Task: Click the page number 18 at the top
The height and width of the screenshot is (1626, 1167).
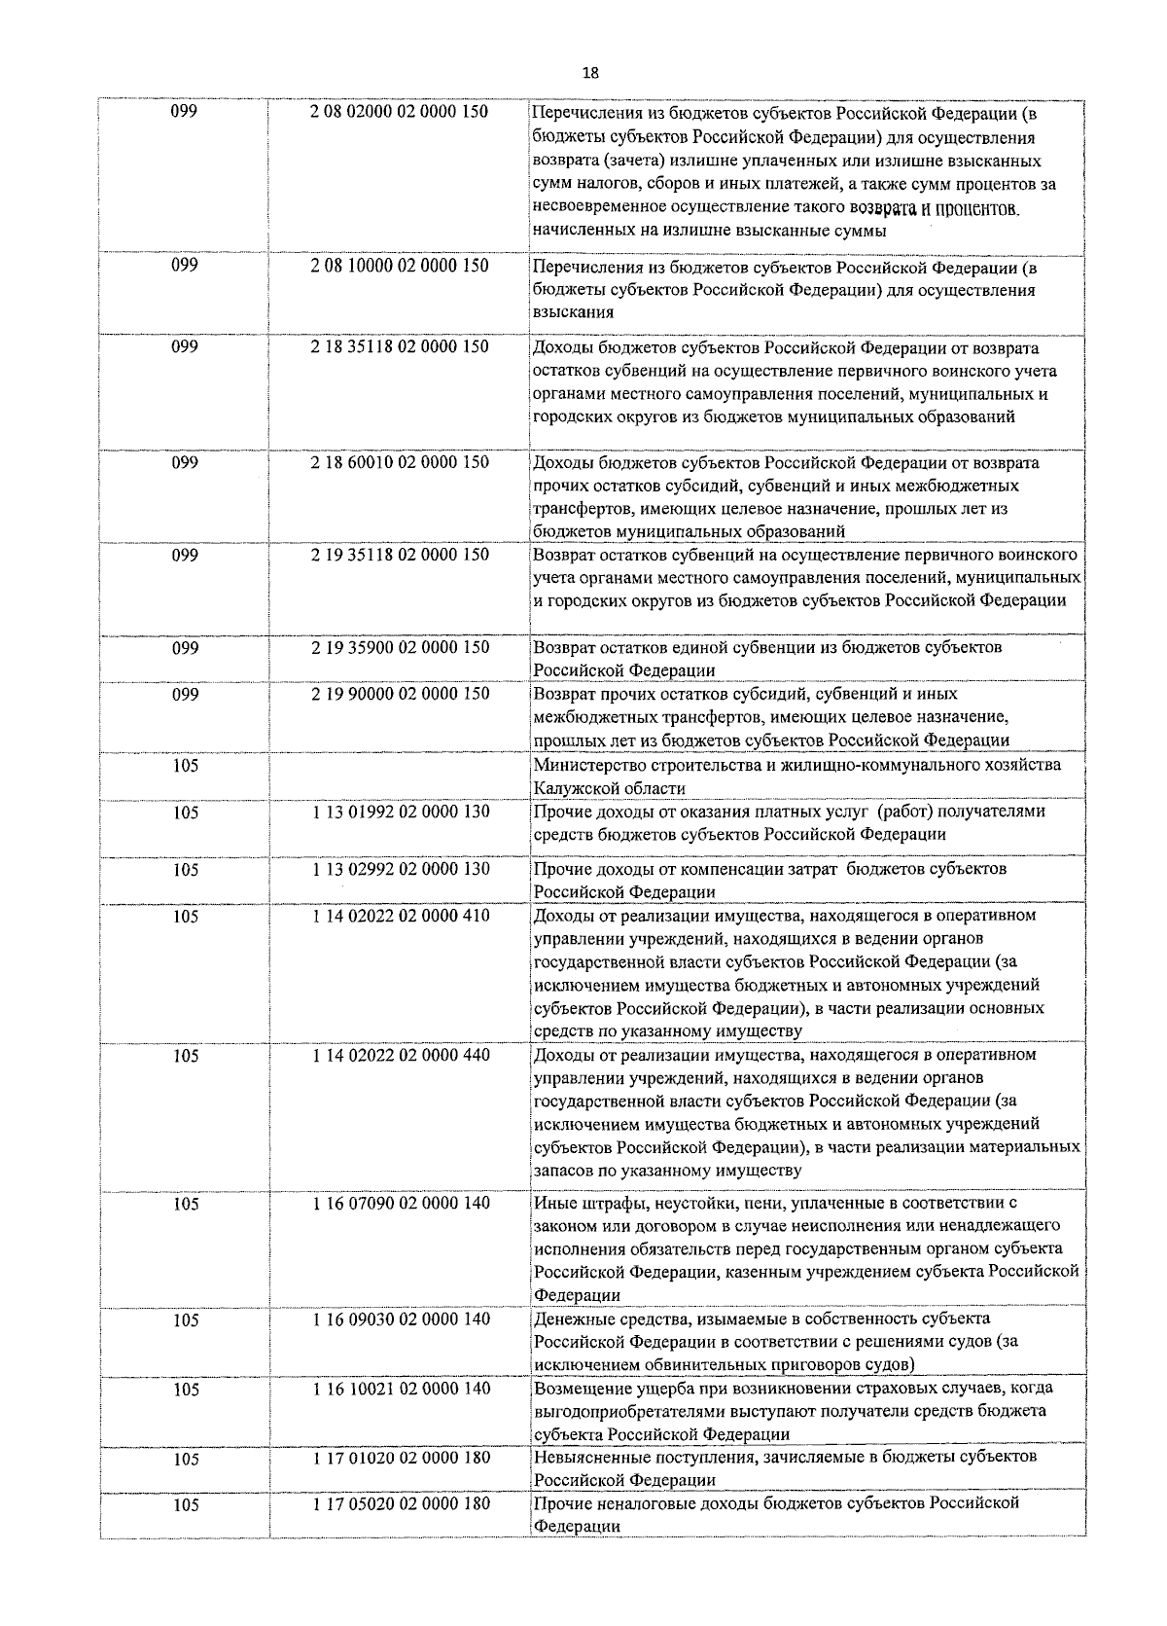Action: pos(590,73)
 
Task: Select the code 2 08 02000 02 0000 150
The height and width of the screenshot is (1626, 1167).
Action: pos(400,112)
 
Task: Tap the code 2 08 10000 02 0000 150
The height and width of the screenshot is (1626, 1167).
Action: pos(400,266)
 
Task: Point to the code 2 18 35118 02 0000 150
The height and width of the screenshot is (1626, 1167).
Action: pos(400,346)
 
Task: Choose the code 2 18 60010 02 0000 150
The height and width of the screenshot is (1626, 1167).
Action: pos(400,462)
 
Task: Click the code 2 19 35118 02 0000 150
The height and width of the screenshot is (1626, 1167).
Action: pos(400,555)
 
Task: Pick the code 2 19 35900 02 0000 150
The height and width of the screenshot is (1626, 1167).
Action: pos(400,647)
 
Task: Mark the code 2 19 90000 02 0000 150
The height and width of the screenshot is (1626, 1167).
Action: pos(400,694)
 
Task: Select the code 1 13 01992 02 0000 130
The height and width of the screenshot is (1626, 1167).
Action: pos(401,812)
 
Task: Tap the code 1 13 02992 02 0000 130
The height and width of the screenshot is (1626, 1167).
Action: pos(401,869)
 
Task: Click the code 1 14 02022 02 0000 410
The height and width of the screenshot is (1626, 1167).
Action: pos(401,916)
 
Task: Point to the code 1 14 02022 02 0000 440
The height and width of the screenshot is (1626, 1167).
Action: pos(401,1055)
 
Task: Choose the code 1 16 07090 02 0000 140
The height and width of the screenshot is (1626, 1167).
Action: pos(401,1203)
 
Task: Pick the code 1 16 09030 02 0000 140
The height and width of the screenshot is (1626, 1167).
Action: pos(401,1319)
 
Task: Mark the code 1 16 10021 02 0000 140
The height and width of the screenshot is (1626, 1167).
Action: pos(401,1389)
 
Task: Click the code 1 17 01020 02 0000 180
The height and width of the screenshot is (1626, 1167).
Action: pos(401,1458)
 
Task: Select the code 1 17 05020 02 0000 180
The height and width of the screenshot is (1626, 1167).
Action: pos(401,1503)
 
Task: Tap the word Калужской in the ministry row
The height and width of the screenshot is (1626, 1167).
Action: pos(573,788)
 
